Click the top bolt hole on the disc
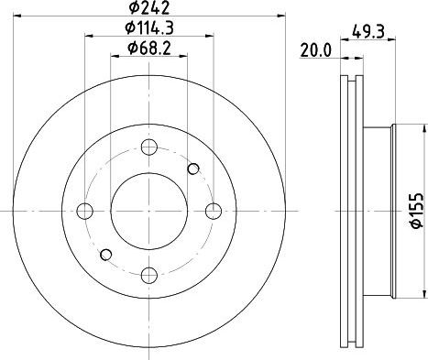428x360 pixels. coord(149,147)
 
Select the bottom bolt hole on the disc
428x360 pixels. coord(149,274)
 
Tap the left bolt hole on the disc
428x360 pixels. coord(86,211)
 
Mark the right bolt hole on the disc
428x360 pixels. coord(213,211)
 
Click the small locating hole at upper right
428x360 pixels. coord(193,168)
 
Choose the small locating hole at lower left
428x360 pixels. coord(105,254)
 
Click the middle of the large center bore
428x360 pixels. coord(149,211)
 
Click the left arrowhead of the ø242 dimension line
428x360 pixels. coord(19,19)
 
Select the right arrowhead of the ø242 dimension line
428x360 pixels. coord(280,19)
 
